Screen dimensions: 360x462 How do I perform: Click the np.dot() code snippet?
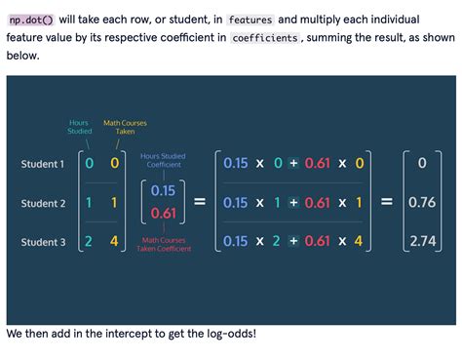(x=30, y=20)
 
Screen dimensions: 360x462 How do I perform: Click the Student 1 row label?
(x=43, y=164)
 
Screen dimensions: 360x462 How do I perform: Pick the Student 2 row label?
(x=43, y=203)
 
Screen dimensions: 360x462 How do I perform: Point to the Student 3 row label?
(x=43, y=241)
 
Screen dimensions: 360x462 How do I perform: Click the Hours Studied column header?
(x=80, y=127)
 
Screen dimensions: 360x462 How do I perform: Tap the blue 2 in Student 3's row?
(x=89, y=241)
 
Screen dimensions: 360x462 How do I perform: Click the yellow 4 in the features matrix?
(x=114, y=241)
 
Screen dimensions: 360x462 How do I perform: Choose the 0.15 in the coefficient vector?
(x=164, y=190)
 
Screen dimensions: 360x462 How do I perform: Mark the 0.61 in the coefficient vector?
(x=164, y=214)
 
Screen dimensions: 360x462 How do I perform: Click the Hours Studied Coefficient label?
(x=164, y=160)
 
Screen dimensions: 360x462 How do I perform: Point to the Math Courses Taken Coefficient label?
(x=164, y=245)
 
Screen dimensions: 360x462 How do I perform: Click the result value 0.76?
(x=421, y=203)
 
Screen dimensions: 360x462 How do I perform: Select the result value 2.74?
(x=421, y=241)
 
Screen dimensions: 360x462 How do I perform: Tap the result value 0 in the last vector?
(x=421, y=164)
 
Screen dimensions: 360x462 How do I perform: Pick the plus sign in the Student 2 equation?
(x=291, y=203)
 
